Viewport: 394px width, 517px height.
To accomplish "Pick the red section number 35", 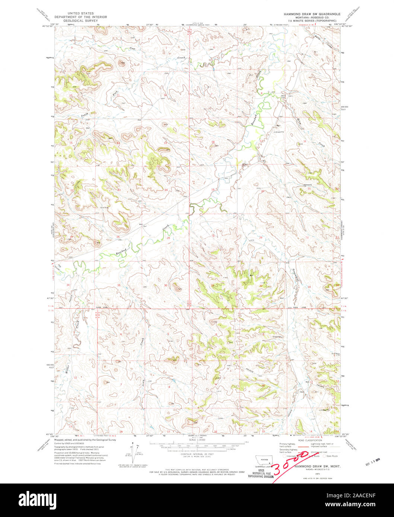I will pyautogui.click(x=119, y=285).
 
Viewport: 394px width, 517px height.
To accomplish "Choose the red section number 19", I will pyautogui.click(x=213, y=190).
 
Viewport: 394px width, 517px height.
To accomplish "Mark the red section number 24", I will pyautogui.click(x=166, y=190).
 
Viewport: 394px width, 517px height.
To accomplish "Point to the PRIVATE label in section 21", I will pyautogui.click(x=307, y=184).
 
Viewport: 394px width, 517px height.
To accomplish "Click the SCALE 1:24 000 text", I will pyautogui.click(x=197, y=440).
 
